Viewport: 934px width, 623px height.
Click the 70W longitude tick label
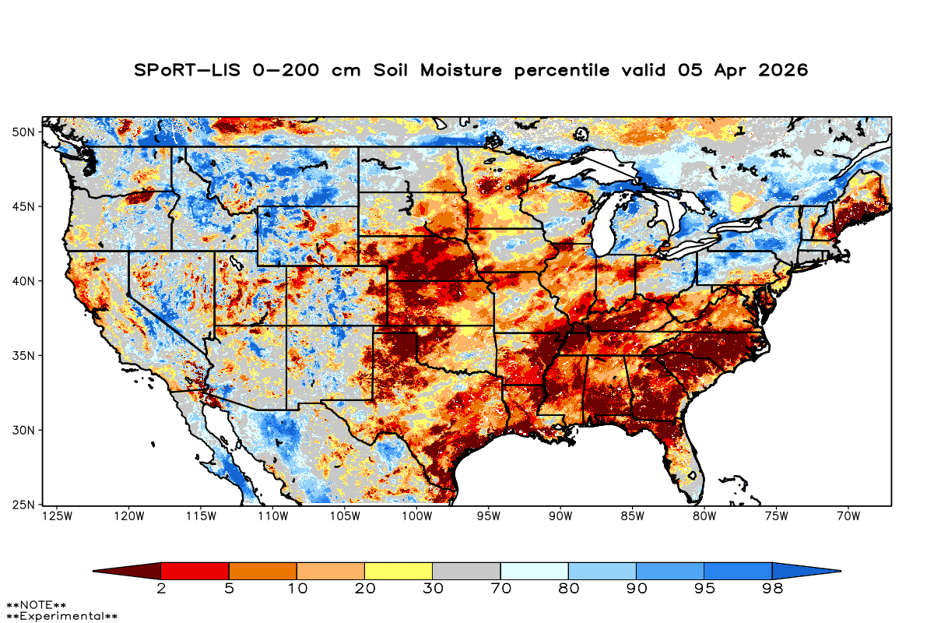pyautogui.click(x=847, y=516)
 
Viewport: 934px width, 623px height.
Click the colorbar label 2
pyautogui.click(x=161, y=589)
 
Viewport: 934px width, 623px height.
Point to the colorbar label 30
pyautogui.click(x=432, y=589)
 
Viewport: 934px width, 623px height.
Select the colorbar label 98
pyautogui.click(x=771, y=589)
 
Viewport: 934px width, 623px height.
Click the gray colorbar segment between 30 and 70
pyautogui.click(x=466, y=571)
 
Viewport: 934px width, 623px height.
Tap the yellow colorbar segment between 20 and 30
pyautogui.click(x=399, y=571)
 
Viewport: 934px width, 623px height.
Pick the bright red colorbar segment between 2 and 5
pyautogui.click(x=195, y=571)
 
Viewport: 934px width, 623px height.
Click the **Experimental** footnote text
pyautogui.click(x=61, y=616)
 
